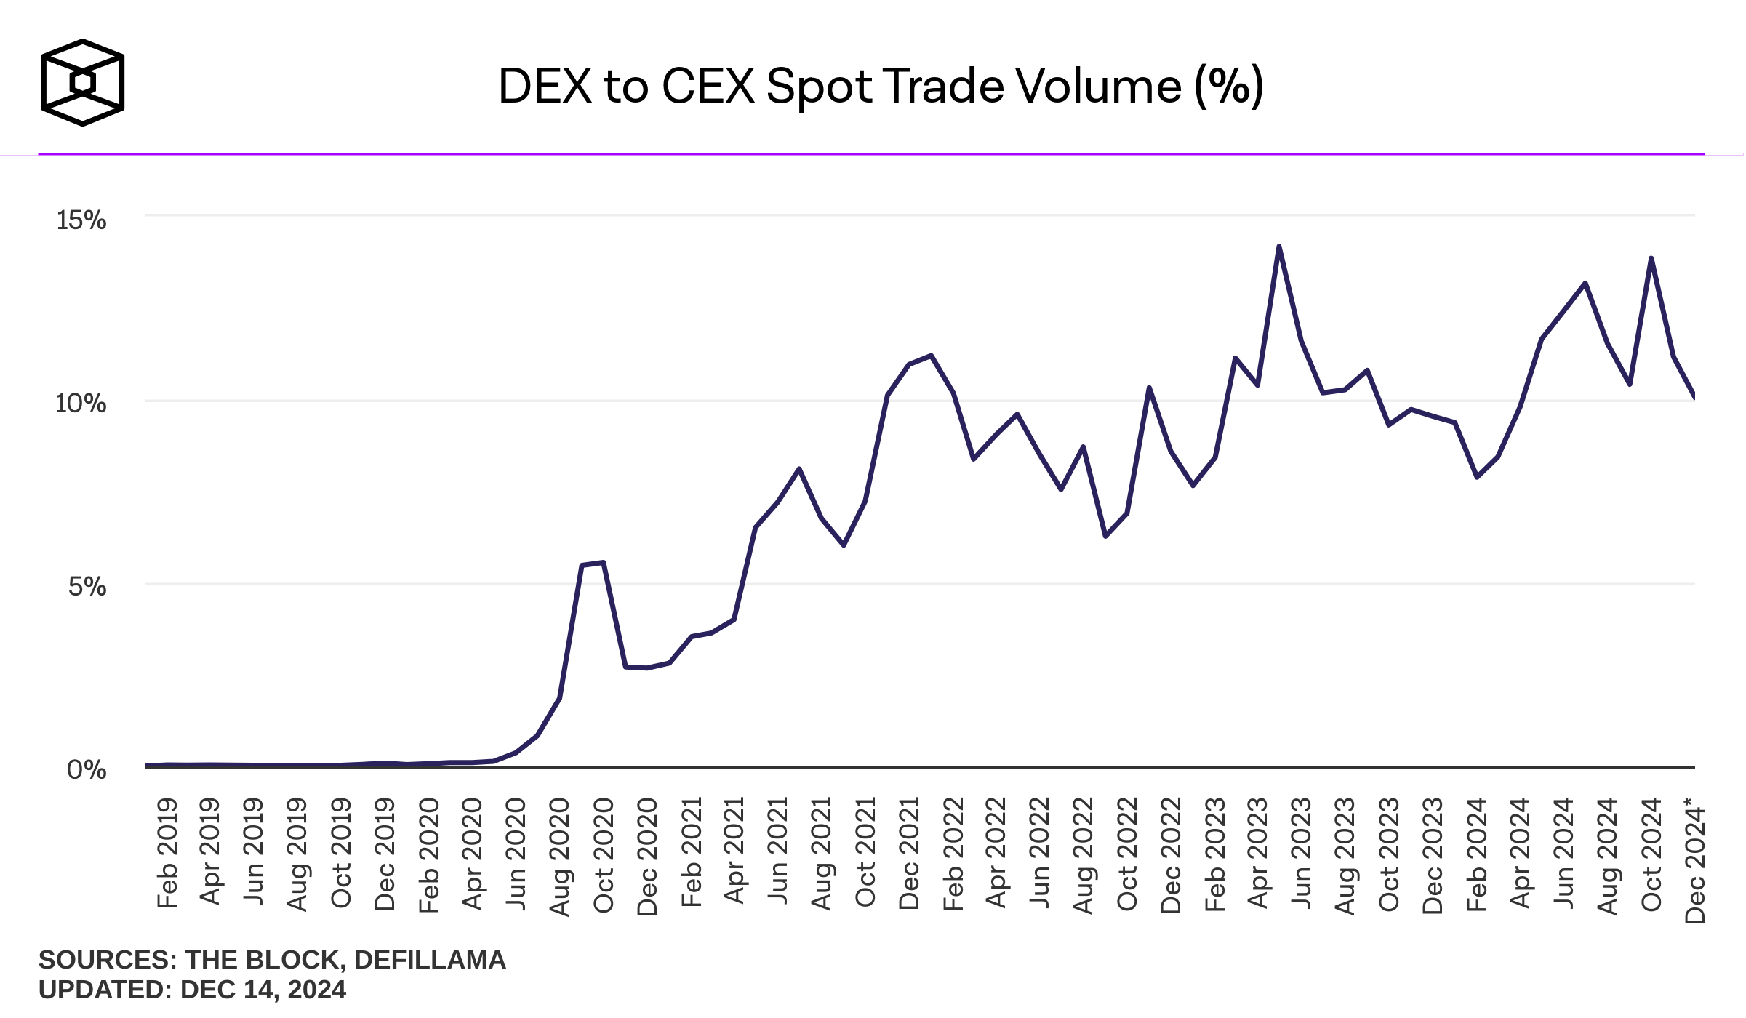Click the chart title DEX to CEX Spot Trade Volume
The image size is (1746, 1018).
click(881, 87)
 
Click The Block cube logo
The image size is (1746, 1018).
click(82, 83)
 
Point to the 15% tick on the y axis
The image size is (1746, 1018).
click(81, 220)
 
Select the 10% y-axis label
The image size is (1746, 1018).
click(81, 403)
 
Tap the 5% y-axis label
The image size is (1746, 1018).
click(87, 586)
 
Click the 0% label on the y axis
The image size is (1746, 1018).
click(87, 769)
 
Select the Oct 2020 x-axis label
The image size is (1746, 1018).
click(604, 855)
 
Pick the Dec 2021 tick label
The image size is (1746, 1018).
click(909, 854)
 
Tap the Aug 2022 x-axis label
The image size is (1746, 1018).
click(1084, 855)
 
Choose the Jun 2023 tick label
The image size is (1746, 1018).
click(1302, 853)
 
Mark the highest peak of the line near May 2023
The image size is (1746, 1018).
click(1279, 247)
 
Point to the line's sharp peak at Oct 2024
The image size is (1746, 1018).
click(1651, 258)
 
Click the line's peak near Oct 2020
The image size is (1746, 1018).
click(604, 562)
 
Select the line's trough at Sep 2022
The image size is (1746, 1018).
click(1105, 537)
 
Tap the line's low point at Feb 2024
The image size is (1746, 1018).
click(1477, 478)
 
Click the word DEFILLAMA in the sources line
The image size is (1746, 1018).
click(430, 960)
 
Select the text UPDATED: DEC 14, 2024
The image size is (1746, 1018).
click(192, 990)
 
